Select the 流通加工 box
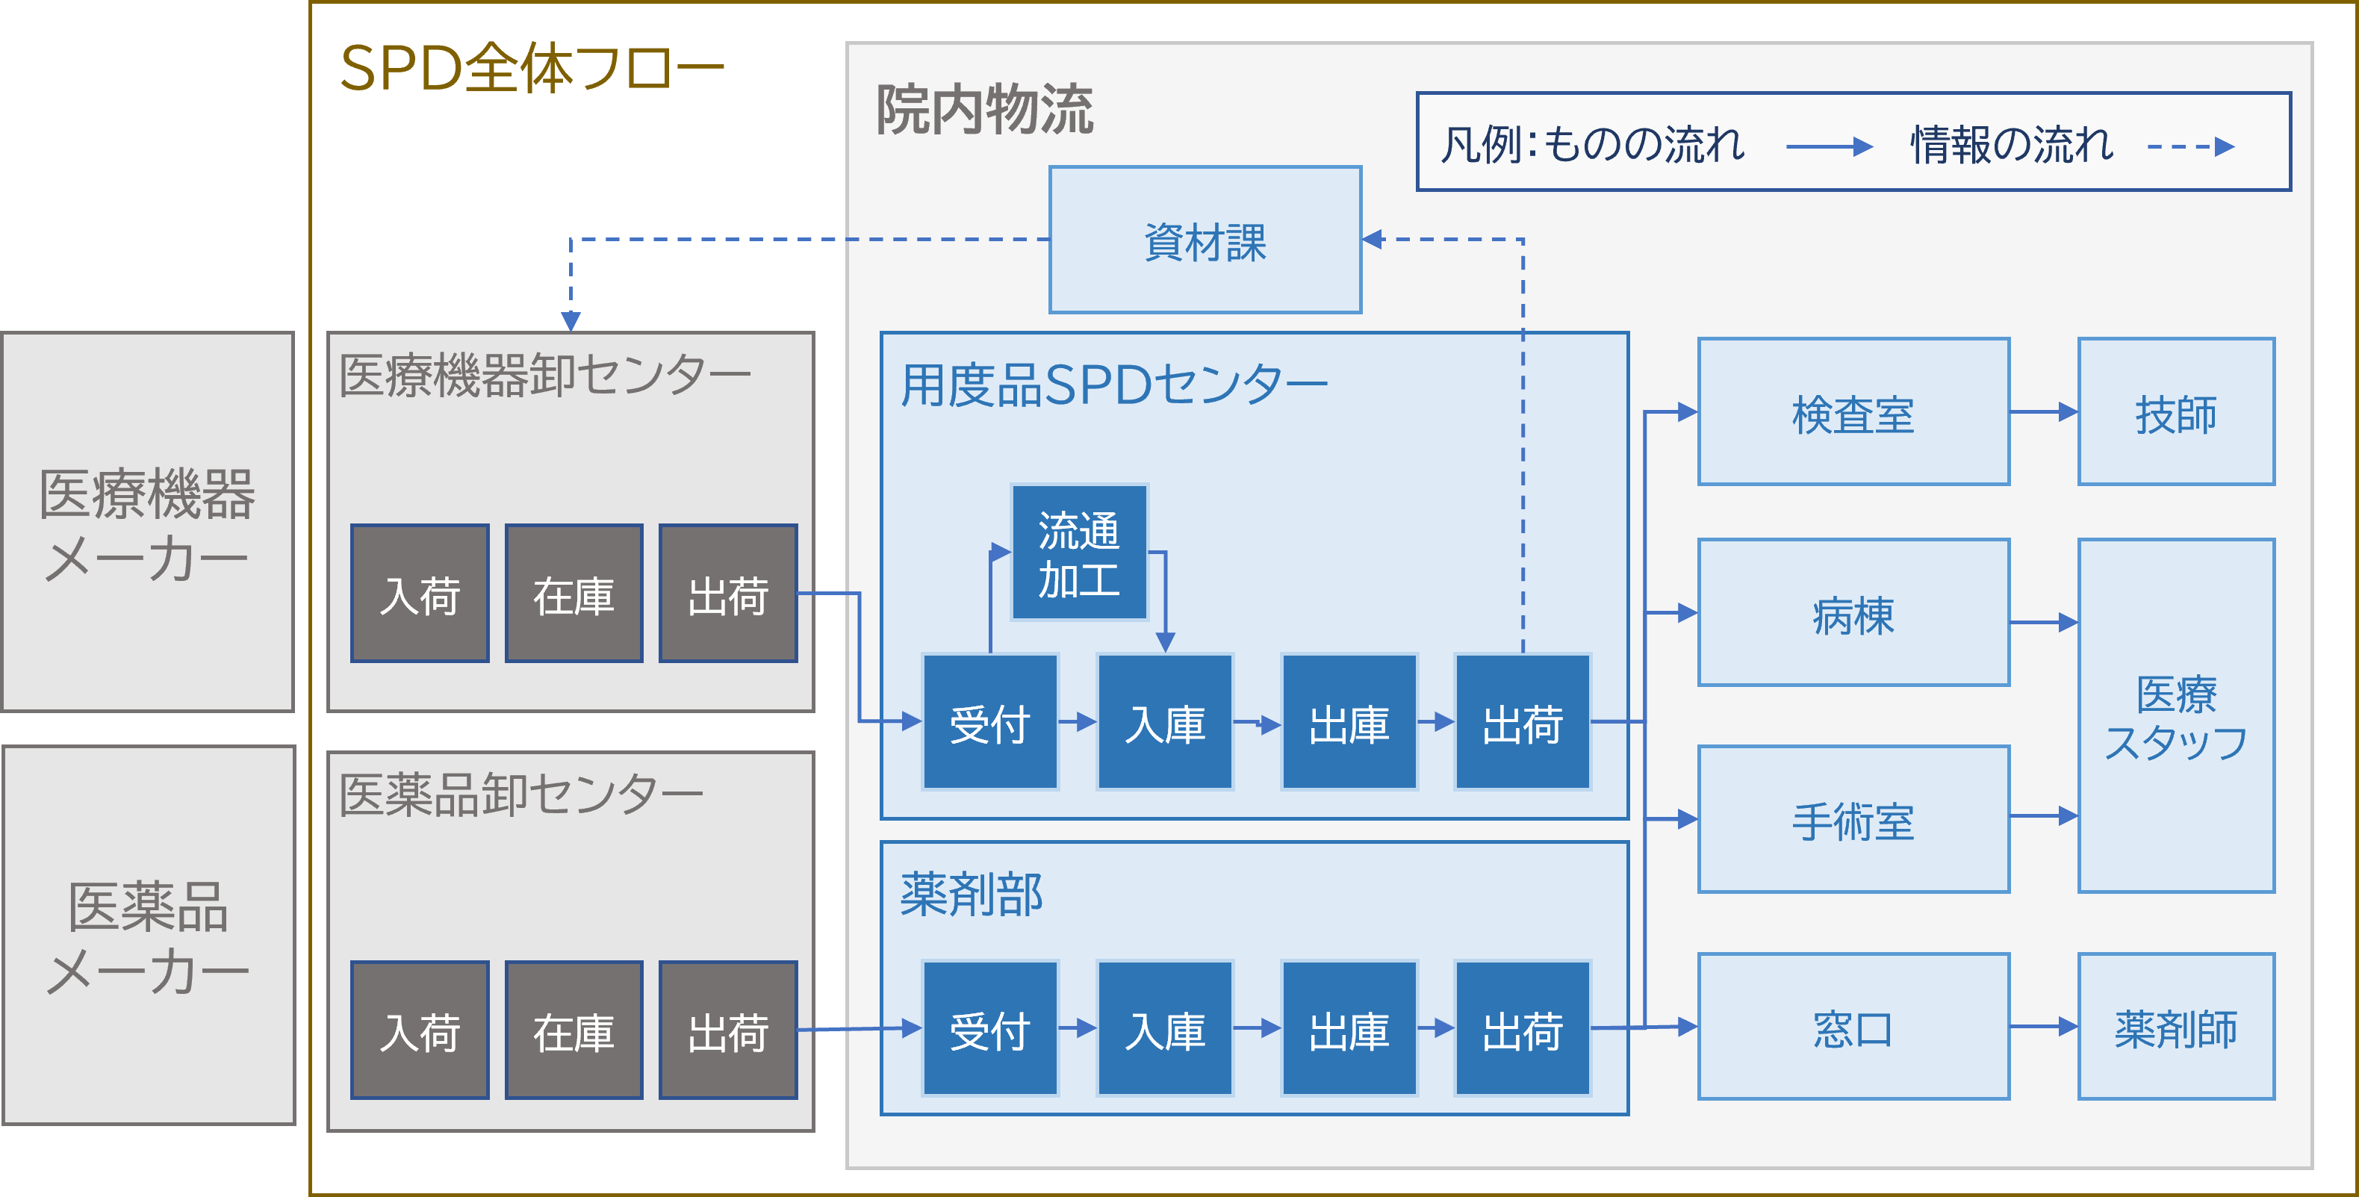point(1079,553)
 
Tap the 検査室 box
point(1853,412)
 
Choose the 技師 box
point(2176,412)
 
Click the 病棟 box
point(1853,613)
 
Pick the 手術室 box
point(1853,820)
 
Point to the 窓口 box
point(1853,1027)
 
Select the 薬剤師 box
point(2176,1027)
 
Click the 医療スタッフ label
point(2176,717)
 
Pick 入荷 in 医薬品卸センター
point(420,1030)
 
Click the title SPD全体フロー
point(531,69)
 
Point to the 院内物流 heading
point(984,110)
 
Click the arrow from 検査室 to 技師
point(2044,412)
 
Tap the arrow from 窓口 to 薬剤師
point(2044,1027)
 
